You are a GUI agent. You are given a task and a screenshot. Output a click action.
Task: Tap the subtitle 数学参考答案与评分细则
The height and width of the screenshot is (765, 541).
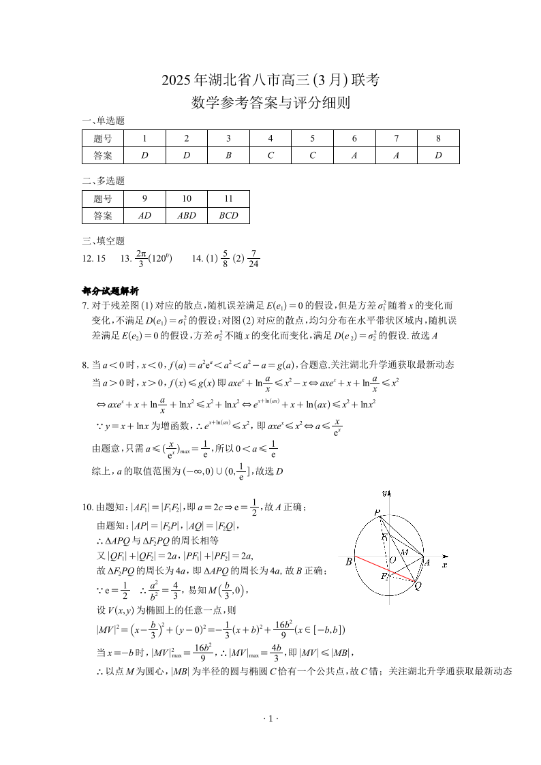270,103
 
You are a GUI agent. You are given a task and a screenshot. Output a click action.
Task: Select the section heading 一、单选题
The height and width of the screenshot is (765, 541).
103,121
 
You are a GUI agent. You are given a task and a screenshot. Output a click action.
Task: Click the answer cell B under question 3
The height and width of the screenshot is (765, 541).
228,155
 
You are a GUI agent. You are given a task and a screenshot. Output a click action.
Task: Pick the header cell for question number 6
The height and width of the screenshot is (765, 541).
354,138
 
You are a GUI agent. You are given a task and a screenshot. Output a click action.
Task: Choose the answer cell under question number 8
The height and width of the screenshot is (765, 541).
438,155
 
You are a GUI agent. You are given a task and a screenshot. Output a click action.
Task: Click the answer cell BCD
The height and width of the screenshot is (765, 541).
228,215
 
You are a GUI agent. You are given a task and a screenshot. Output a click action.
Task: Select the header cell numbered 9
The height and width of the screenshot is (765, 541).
144,198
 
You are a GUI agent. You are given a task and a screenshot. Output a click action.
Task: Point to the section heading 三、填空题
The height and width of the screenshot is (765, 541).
103,240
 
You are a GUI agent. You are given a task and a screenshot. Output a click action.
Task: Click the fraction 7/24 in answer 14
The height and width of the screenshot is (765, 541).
253,260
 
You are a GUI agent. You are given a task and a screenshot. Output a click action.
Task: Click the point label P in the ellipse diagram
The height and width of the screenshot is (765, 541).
377,512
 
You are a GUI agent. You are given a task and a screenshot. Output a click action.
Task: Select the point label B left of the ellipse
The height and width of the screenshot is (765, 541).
349,562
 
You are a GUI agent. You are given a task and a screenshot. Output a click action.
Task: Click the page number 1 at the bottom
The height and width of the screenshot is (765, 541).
270,719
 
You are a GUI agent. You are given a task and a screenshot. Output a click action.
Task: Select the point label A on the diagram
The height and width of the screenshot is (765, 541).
427,563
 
